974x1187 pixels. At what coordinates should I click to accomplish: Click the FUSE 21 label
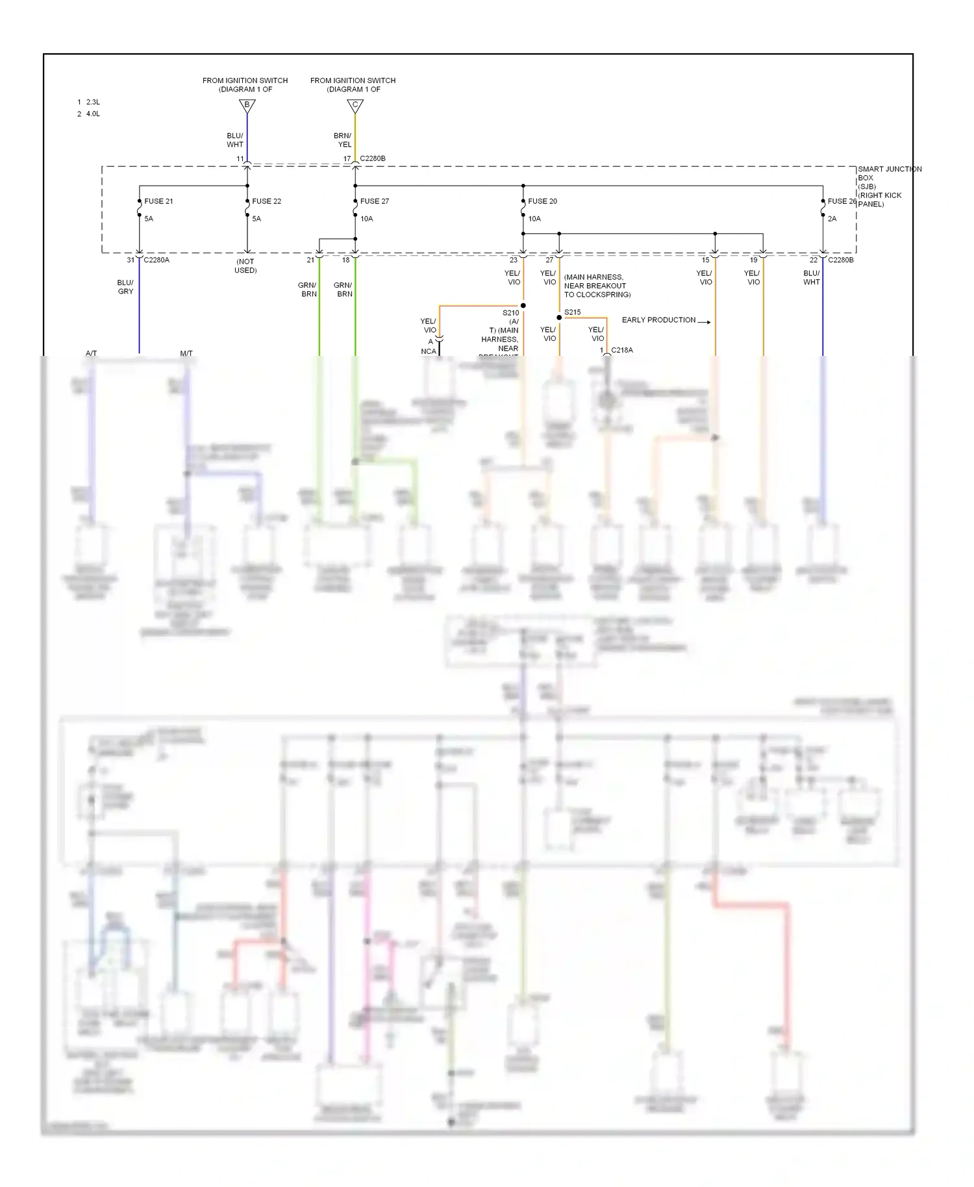[x=158, y=201]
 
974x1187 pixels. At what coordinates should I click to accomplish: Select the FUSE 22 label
[x=266, y=201]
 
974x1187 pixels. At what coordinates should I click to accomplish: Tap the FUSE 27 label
[x=375, y=201]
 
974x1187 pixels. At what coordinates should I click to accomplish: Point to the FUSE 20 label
[x=542, y=201]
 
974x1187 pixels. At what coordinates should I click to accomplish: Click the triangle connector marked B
[x=247, y=105]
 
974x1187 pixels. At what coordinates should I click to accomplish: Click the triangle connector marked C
[x=355, y=105]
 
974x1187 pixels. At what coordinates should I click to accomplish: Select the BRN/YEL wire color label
[x=342, y=140]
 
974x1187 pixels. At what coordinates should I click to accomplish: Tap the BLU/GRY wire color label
[x=125, y=287]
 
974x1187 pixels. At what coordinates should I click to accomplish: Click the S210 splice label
[x=511, y=313]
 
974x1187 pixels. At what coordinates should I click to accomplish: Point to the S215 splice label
[x=572, y=312]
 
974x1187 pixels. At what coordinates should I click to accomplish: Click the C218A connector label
[x=621, y=350]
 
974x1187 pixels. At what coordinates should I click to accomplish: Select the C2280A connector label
[x=156, y=260]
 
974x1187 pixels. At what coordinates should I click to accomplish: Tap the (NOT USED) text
[x=245, y=266]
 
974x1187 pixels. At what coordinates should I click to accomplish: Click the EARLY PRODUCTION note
[x=658, y=320]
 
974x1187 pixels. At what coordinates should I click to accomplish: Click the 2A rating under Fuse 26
[x=832, y=219]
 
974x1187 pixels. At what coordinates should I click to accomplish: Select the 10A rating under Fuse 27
[x=367, y=219]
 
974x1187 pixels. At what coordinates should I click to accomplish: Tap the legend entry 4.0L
[x=93, y=114]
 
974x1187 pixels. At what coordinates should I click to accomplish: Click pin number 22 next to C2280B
[x=813, y=260]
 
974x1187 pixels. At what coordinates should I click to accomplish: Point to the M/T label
[x=186, y=353]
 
